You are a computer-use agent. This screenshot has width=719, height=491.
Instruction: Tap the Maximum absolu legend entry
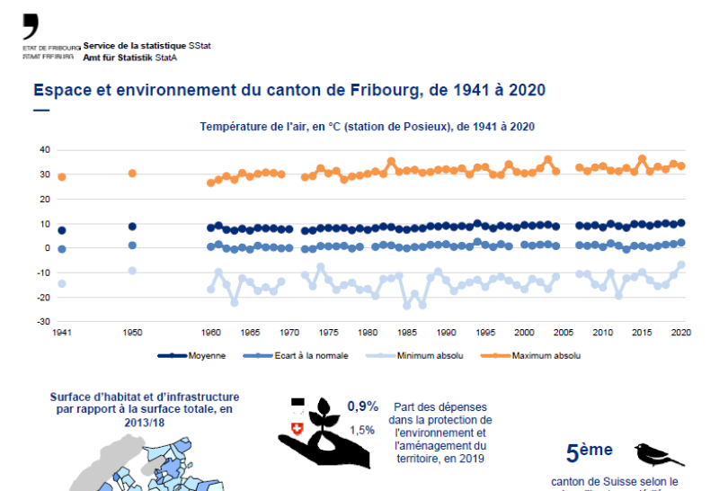point(546,356)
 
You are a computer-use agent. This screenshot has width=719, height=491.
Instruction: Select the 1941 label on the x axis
point(61,333)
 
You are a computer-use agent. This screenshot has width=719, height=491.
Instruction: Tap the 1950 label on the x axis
point(132,333)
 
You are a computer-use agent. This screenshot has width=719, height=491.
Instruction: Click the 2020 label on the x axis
point(681,333)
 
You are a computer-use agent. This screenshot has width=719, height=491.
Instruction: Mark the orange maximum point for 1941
point(61,177)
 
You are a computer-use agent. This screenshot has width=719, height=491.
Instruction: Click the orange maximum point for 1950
point(132,174)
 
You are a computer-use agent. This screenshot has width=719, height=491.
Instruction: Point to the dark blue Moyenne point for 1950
point(132,227)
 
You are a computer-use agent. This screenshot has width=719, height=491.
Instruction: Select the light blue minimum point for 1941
point(61,283)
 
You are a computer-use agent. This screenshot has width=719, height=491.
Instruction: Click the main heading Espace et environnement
point(288,91)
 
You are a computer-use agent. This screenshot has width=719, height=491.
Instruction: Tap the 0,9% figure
point(363,406)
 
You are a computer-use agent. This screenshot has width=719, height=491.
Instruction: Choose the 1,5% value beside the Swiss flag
point(361,430)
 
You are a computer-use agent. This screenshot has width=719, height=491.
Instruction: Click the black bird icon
point(659,453)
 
